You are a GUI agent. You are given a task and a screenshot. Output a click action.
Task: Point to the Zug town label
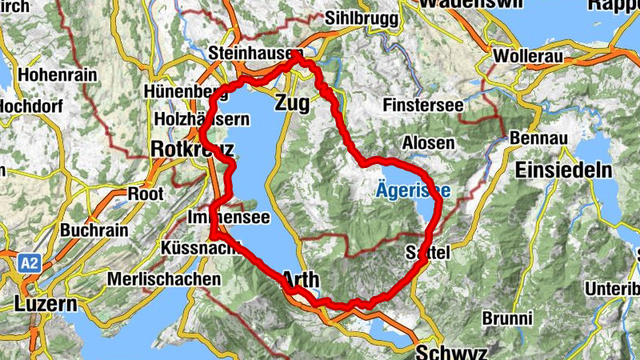click(292, 102)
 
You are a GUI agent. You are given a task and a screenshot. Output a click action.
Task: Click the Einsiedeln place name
click(564, 170)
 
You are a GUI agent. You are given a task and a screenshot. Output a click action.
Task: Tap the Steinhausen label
click(248, 52)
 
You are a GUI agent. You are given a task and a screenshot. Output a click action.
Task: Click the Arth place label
click(301, 280)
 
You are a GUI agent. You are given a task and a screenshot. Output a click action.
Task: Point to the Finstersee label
click(422, 105)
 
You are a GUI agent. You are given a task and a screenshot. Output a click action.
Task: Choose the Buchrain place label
click(94, 230)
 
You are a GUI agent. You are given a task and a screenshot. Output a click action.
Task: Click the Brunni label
click(507, 318)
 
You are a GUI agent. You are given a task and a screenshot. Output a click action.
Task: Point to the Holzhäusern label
click(202, 120)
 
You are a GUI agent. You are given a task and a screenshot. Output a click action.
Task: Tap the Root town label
click(146, 194)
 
